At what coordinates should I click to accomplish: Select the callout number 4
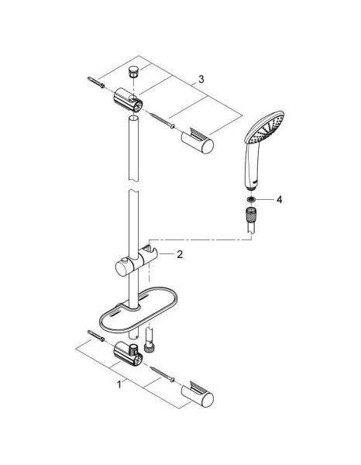pyautogui.click(x=280, y=200)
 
